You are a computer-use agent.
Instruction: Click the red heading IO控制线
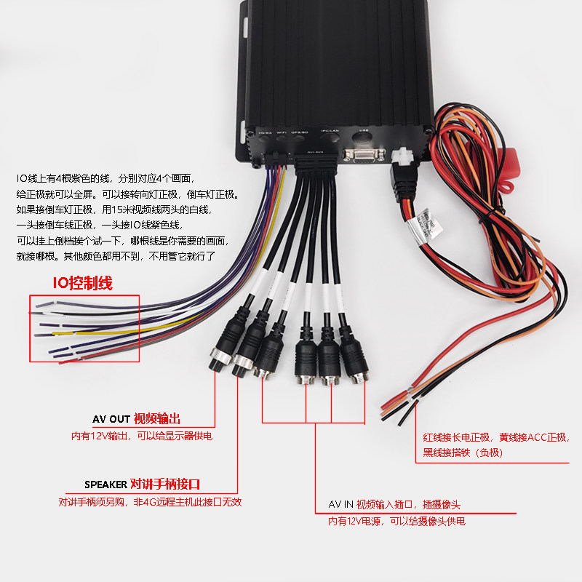point(81,283)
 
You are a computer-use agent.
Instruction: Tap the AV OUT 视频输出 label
point(136,419)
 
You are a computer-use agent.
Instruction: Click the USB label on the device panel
point(364,132)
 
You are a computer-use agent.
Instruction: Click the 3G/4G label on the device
point(265,132)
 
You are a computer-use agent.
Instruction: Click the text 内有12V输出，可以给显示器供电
point(141,436)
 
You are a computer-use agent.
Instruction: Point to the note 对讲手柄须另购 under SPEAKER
point(95,502)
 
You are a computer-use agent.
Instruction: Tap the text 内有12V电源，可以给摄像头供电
point(396,522)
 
